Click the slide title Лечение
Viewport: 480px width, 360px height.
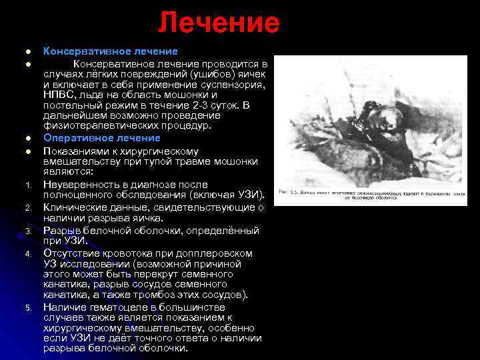(219, 23)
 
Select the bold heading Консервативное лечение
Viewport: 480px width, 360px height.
(111, 51)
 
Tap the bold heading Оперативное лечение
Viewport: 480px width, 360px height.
(102, 138)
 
